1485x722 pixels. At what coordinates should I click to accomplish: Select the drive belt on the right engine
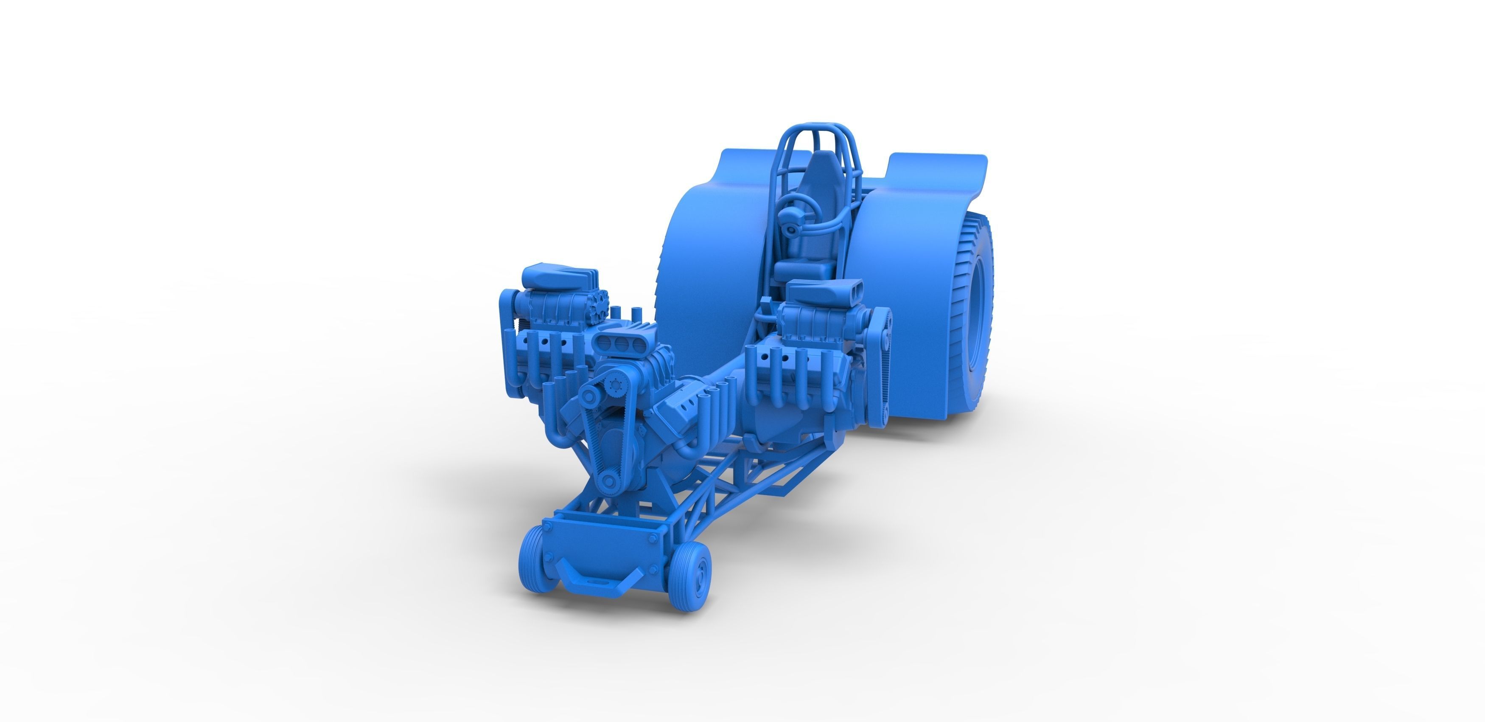[880, 369]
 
